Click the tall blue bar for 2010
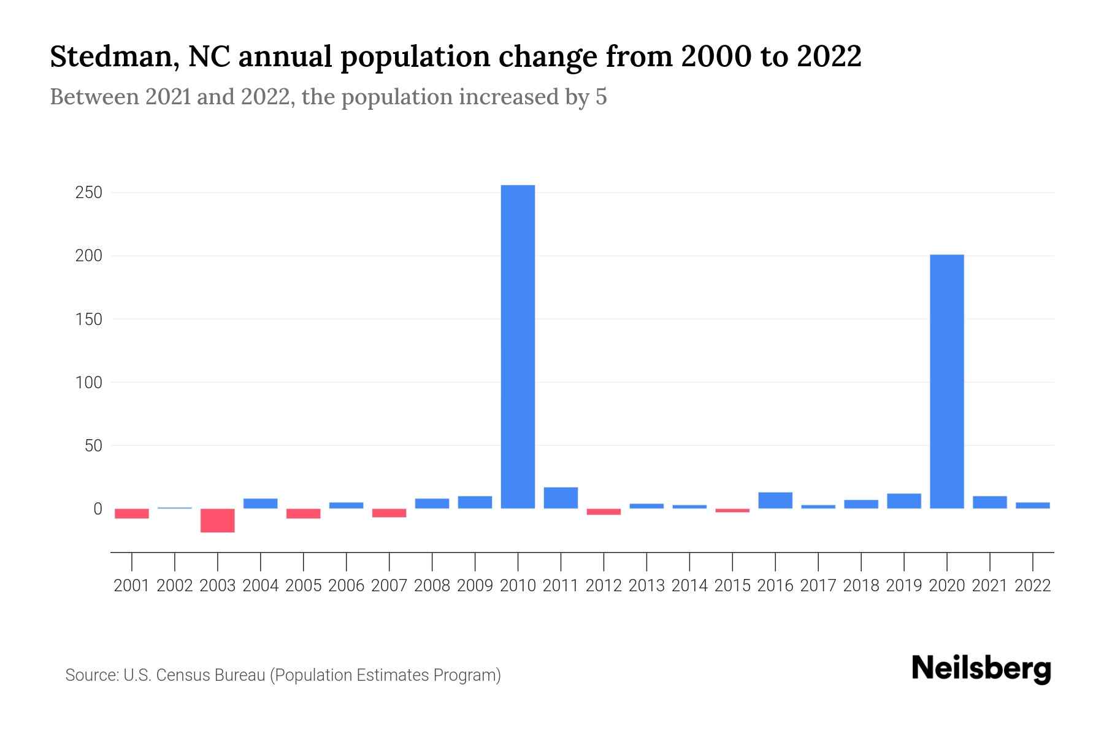click(x=518, y=347)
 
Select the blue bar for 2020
click(x=946, y=381)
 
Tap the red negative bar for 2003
click(x=218, y=520)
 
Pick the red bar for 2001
click(x=132, y=513)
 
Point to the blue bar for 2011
click(x=561, y=498)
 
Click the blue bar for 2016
click(x=775, y=500)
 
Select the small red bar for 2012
click(x=604, y=512)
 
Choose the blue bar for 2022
click(x=1032, y=505)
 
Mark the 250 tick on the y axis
click(x=88, y=193)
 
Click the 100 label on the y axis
click(x=88, y=382)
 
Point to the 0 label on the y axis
click(x=98, y=508)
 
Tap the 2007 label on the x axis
click(x=389, y=586)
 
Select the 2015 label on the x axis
click(x=732, y=586)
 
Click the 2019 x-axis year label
click(x=903, y=586)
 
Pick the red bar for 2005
click(x=304, y=513)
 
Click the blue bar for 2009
click(x=475, y=502)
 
